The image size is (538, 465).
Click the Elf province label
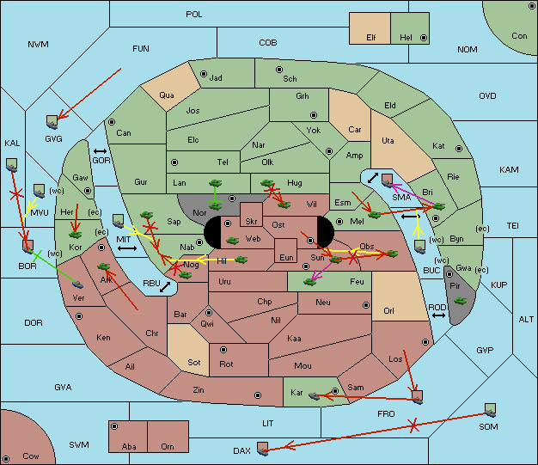[x=371, y=38]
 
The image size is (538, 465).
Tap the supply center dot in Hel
[x=424, y=38]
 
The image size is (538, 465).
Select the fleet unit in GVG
[x=52, y=122]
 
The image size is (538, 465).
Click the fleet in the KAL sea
[x=12, y=165]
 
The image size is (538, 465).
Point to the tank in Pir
[x=460, y=301]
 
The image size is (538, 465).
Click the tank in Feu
[x=310, y=282]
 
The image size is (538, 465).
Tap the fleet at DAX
[x=263, y=449]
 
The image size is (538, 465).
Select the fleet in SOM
[x=491, y=410]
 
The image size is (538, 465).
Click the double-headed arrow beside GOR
[x=100, y=151]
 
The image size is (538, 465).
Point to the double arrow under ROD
[x=438, y=315]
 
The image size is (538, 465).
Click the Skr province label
[x=251, y=222]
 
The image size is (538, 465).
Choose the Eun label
[x=286, y=257]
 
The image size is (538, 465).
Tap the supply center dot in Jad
[x=204, y=74]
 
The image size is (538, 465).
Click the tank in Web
[x=232, y=241]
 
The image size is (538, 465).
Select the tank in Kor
[x=75, y=235]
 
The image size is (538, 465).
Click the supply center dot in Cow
[x=6, y=458]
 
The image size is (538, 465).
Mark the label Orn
[x=168, y=446]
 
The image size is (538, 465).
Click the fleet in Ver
[x=78, y=285]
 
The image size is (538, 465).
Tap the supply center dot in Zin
[x=258, y=395]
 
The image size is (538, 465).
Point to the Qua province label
[x=167, y=95]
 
